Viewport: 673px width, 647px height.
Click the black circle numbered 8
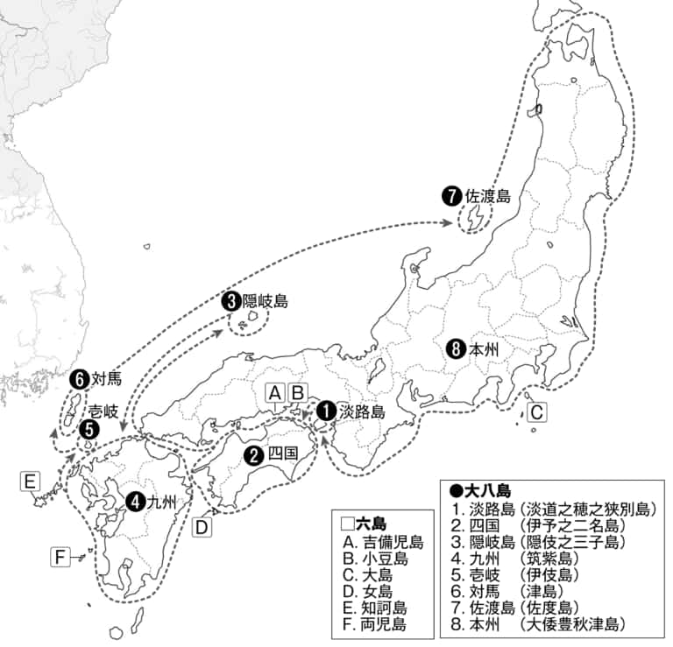tap(455, 348)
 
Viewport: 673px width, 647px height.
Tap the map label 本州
tap(483, 348)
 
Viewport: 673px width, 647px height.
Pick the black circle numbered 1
tap(326, 409)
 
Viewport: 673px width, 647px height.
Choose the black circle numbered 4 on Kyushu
tap(135, 502)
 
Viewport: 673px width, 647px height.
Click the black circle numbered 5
tap(89, 429)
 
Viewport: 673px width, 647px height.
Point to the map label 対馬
tap(106, 379)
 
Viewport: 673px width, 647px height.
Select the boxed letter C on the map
tap(537, 410)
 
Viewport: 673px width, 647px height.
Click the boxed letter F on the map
tap(60, 557)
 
